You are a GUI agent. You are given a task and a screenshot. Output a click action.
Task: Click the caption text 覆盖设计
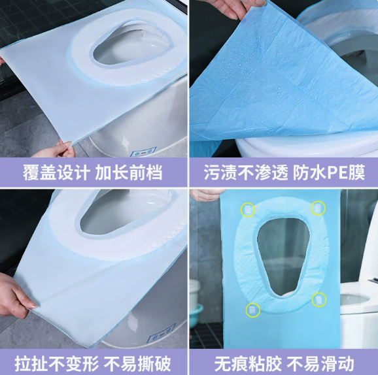[56, 172]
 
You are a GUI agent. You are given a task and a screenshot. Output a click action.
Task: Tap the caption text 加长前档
[129, 172]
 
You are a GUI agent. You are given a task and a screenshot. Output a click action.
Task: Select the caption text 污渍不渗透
[246, 172]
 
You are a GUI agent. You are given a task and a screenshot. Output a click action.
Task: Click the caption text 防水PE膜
[329, 172]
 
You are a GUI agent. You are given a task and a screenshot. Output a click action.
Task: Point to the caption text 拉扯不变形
[57, 364]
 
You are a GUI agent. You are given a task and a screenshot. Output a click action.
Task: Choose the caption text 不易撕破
[137, 364]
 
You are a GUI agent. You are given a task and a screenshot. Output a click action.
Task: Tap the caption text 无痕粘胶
[248, 364]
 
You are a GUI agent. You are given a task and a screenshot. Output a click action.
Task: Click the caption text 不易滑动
[320, 364]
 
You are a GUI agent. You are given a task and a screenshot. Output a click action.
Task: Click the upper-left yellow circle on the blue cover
[248, 210]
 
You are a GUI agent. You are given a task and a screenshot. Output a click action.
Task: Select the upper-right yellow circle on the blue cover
[318, 208]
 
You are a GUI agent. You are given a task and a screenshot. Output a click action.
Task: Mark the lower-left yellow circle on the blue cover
[253, 310]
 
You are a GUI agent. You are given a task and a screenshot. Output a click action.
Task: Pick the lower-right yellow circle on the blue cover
[319, 300]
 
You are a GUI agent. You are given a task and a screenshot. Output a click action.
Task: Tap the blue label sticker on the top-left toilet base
[143, 152]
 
